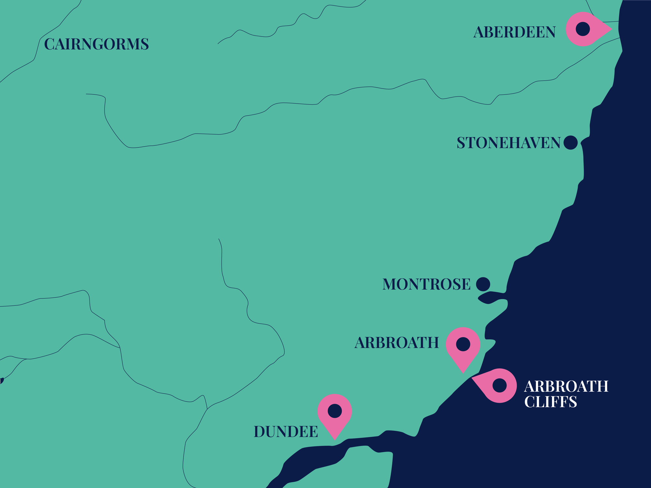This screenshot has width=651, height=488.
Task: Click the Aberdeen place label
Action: pos(514,32)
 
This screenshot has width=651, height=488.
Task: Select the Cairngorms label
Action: pos(96,44)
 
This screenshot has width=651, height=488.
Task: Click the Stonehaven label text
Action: pos(508,143)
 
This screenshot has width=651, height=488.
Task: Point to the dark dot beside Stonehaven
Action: pos(570,142)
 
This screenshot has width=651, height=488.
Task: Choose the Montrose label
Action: pos(426,284)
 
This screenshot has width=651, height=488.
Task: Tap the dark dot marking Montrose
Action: pos(483,284)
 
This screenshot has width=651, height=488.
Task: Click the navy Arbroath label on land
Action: pos(397,343)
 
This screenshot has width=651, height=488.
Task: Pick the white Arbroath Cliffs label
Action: pos(566,394)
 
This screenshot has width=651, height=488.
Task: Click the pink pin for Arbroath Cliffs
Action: pos(498,386)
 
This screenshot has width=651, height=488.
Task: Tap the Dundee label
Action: pos(286,432)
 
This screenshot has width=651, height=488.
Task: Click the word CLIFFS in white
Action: pos(550,402)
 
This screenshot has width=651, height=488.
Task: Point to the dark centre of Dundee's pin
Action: pos(335,411)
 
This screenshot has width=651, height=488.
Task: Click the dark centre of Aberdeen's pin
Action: pos(583,29)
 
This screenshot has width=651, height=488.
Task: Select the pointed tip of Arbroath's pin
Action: pos(463,372)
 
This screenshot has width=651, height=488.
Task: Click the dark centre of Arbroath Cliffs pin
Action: pos(500,386)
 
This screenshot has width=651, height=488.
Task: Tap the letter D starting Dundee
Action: pos(260,432)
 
